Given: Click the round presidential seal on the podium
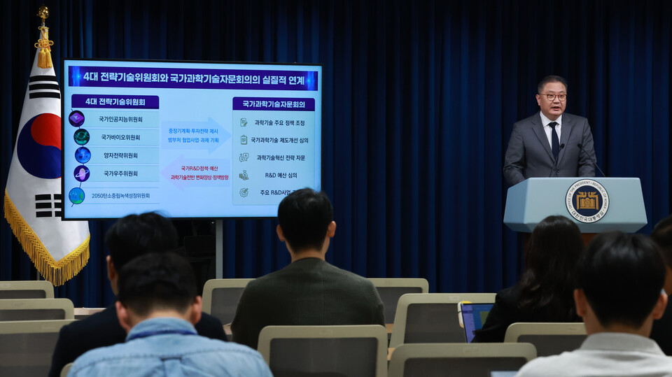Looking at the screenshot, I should coord(587,201).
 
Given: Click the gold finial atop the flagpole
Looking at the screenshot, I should coord(43,13).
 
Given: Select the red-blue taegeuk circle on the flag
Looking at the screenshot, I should coord(40,145).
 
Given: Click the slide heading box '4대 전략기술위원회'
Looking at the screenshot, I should coord(115,102).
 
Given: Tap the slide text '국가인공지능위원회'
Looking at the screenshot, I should coord(120,120).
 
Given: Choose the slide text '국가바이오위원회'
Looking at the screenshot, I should coord(120,137).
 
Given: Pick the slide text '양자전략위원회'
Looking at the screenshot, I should coord(120,155).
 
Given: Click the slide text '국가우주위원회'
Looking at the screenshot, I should coord(120,173).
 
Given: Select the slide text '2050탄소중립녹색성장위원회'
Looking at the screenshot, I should coord(120,196).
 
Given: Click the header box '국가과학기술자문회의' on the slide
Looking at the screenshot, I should coord(273,104).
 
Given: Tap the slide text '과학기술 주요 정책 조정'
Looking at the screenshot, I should coord(279,122).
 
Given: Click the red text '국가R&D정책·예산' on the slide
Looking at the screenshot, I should coord(199,169).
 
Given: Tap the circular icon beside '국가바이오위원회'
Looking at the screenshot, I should coord(82,137).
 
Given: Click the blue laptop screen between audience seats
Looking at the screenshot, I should coord(475,319).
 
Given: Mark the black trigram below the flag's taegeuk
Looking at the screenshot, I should coord(48,205).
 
